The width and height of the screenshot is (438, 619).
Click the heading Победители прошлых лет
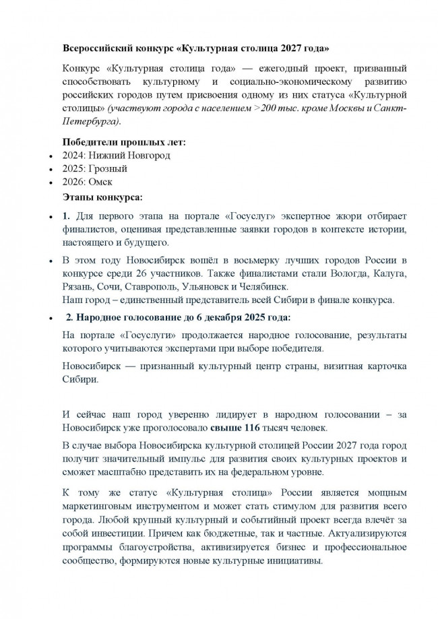coord(124,141)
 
